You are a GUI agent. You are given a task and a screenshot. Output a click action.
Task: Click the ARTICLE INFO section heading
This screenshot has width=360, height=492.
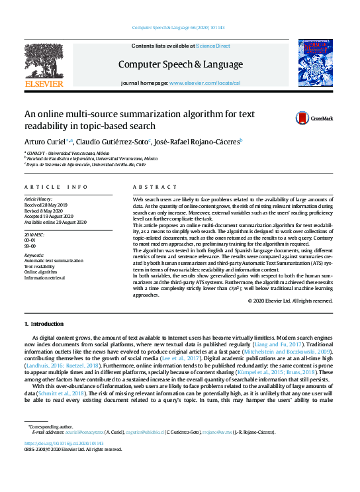click(56, 188)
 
